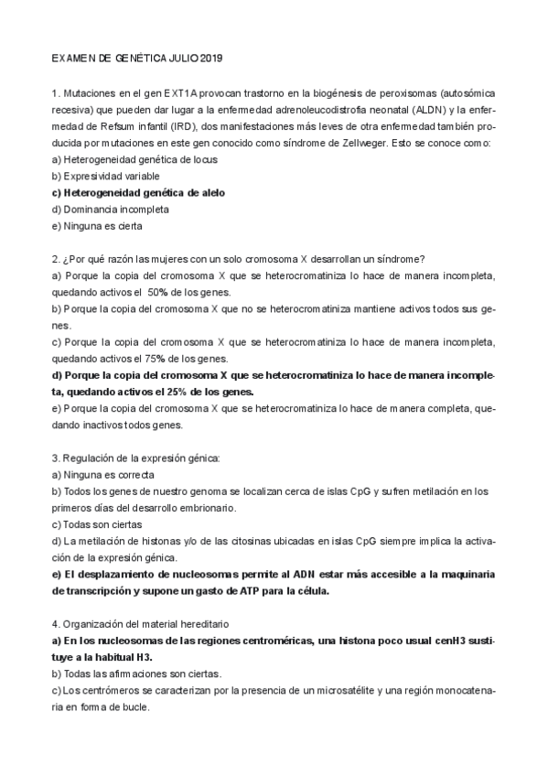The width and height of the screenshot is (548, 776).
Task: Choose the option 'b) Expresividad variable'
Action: (106, 176)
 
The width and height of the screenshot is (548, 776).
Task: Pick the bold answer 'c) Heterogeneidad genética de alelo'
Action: (138, 192)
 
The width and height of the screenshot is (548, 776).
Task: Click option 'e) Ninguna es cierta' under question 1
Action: (98, 225)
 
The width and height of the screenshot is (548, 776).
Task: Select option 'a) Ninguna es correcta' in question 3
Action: (103, 474)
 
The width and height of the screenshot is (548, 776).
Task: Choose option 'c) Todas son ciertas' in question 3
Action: (99, 524)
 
